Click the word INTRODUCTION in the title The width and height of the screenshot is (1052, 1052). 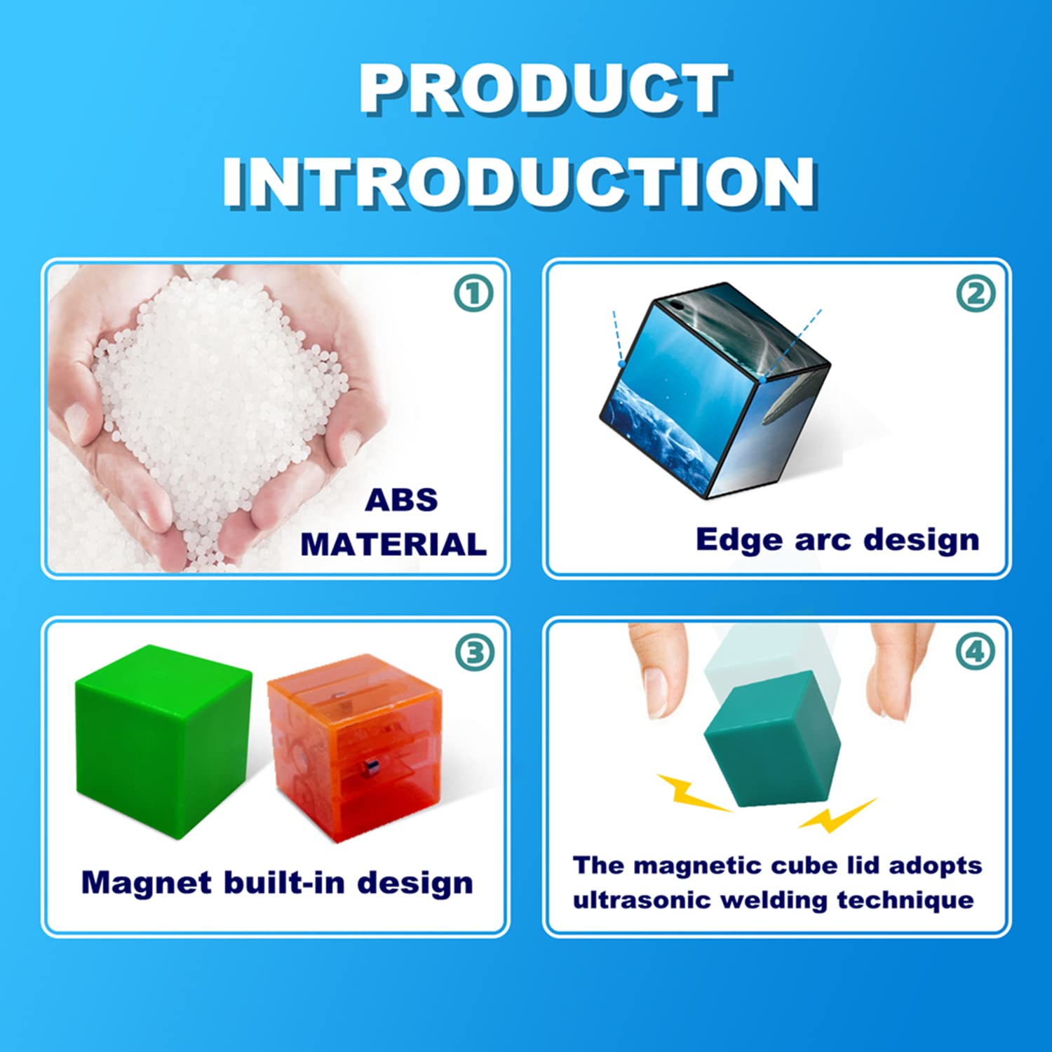point(520,182)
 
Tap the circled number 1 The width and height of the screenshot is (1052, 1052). point(473,293)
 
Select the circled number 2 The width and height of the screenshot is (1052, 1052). point(976,293)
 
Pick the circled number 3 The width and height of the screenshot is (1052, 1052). point(475,652)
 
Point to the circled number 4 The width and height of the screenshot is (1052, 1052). point(976,652)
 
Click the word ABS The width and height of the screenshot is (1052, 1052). point(401,500)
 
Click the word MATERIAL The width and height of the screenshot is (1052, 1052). point(393,544)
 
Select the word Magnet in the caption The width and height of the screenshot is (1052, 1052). point(147,883)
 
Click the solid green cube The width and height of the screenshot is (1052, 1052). point(164,741)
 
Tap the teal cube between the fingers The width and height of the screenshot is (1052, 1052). point(772,739)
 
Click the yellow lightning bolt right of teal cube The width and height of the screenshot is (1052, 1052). point(837,815)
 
